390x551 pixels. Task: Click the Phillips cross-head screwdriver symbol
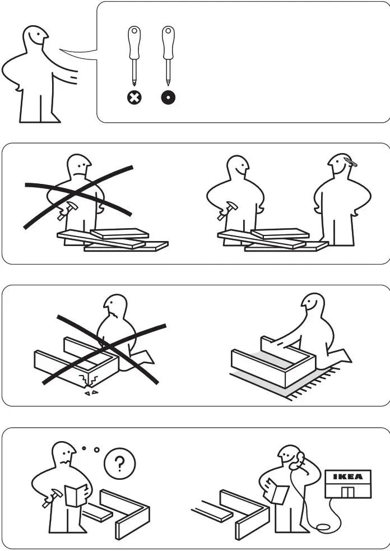point(134,98)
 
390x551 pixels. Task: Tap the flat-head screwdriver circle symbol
point(168,98)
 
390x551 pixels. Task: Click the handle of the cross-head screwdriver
point(134,43)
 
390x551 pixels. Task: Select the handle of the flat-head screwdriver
point(168,43)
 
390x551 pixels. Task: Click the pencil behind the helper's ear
point(351,162)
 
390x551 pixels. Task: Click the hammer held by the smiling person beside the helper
point(227,211)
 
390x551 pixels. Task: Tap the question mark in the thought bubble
point(120,464)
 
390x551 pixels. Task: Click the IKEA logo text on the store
point(348,477)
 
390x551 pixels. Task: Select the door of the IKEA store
point(348,492)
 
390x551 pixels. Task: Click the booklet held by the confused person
point(76,496)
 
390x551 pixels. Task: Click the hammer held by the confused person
point(53,498)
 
